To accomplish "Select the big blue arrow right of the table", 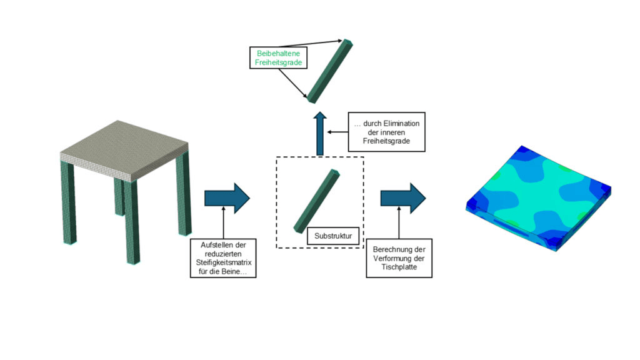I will pyautogui.click(x=227, y=199).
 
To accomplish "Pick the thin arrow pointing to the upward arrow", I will pyautogui.click(x=337, y=132).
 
